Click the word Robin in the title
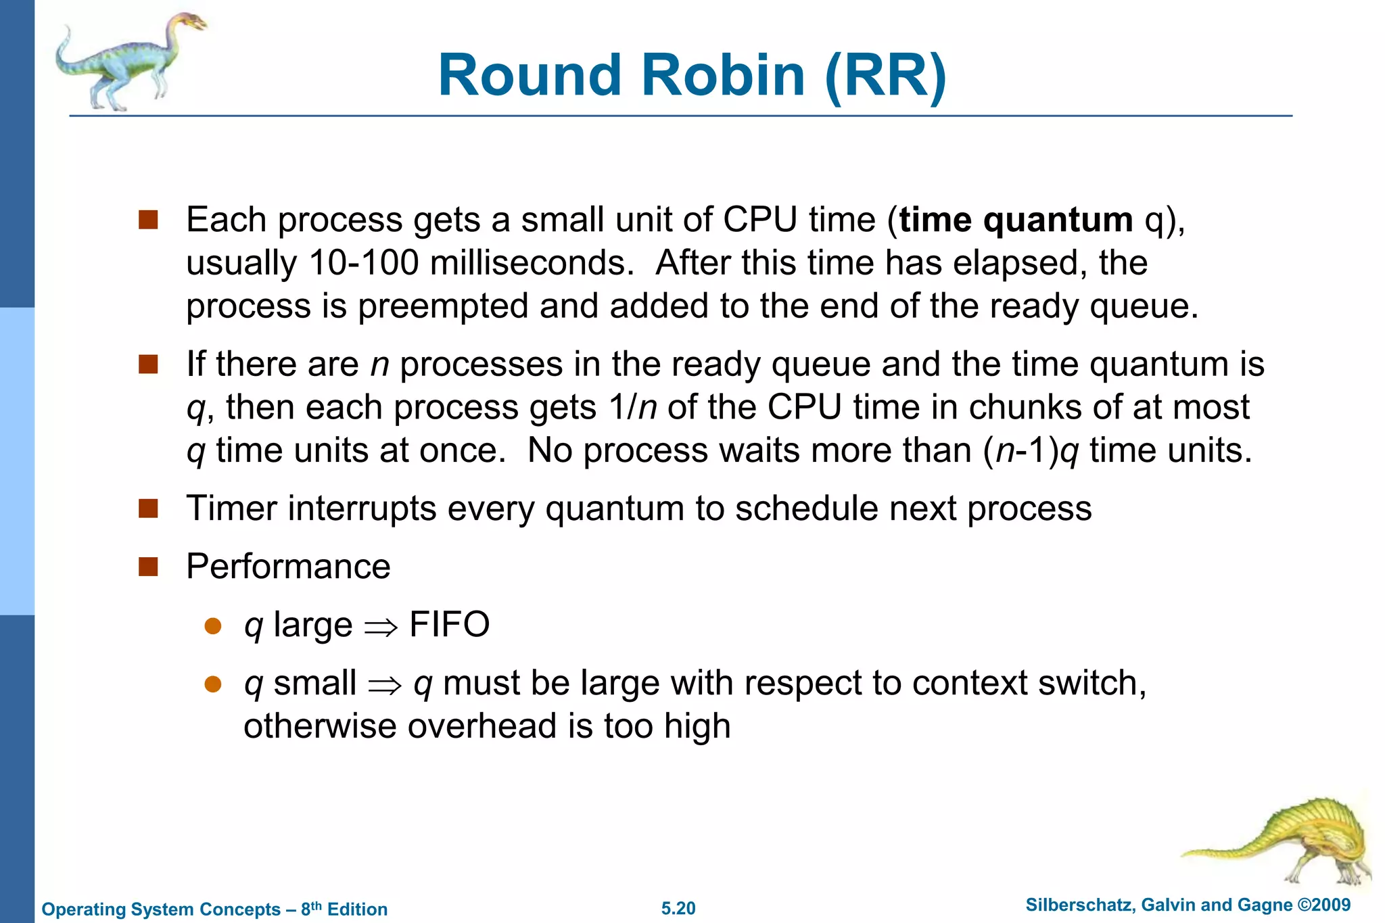point(723,75)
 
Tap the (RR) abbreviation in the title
point(885,76)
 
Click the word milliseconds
point(531,262)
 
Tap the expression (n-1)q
point(1031,450)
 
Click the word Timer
point(231,508)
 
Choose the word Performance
point(288,566)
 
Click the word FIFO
point(449,624)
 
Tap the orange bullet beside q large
point(213,625)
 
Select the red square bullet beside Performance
point(148,567)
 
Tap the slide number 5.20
point(678,908)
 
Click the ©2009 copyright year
point(1323,905)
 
